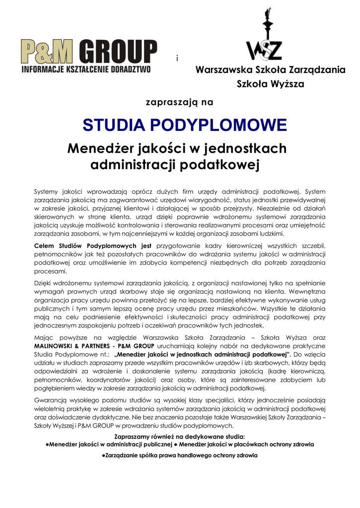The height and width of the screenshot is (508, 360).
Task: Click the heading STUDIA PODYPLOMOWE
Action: pos(185,125)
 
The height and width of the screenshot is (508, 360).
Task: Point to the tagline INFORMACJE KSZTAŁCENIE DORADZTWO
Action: pos(86,69)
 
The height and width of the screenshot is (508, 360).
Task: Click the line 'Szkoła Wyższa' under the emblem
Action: pos(271,84)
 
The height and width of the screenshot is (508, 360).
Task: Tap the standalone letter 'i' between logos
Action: pos(177,59)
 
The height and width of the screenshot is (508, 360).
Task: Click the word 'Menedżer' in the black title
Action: pos(101,148)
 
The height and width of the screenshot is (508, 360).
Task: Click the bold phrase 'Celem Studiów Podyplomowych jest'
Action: pos(92,246)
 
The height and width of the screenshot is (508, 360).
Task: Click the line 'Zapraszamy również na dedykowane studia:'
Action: pos(179,437)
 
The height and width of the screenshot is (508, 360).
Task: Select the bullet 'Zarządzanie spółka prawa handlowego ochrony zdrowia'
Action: pos(179,455)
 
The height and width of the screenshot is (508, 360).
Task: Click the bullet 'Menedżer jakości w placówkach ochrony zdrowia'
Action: pos(247,444)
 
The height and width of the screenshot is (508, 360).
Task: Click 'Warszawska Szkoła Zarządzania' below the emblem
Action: pos(271,70)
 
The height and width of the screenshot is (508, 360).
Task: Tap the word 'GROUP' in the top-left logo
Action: pos(122,51)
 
